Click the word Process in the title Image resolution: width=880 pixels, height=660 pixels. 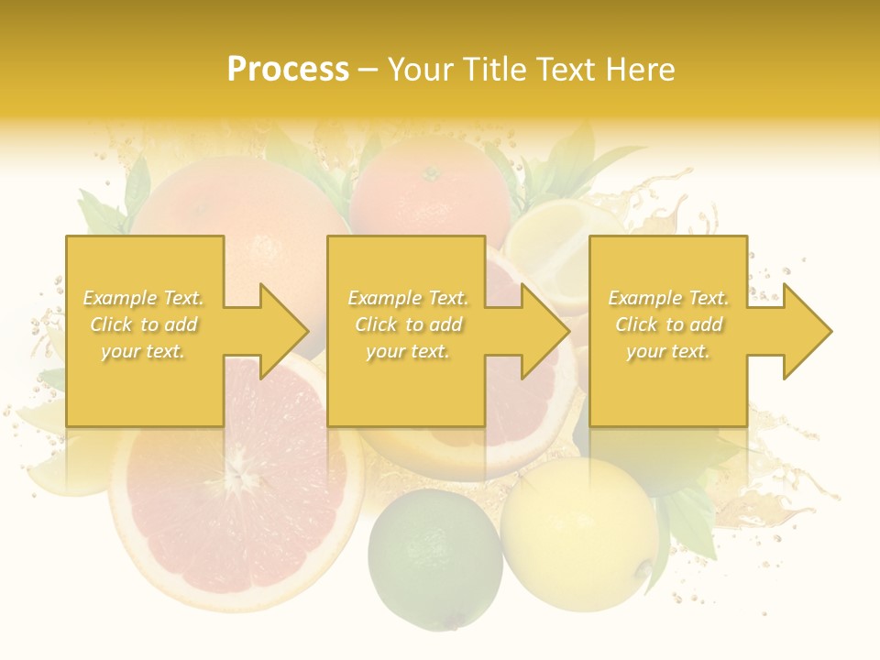(x=288, y=70)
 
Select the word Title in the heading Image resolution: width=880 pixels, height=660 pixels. (x=492, y=70)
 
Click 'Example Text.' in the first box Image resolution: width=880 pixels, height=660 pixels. (x=144, y=298)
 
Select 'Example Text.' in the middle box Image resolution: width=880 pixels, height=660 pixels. (x=408, y=298)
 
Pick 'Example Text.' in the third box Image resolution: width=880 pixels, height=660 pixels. (x=668, y=298)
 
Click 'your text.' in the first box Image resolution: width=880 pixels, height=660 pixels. (x=143, y=351)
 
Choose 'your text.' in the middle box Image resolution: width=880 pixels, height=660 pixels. (x=407, y=351)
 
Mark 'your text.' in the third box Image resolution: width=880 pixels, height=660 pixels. (x=668, y=351)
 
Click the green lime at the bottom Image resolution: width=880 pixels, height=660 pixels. (x=435, y=557)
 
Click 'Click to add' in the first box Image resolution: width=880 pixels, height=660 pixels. (x=144, y=324)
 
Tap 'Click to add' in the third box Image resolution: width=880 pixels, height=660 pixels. (x=668, y=324)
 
